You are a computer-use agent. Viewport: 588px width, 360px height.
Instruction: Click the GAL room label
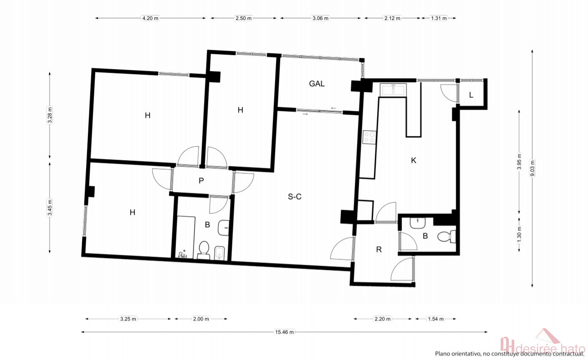click(317, 84)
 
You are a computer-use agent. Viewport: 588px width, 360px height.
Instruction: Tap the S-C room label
click(295, 197)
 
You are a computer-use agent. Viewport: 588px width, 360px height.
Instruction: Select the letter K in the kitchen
click(414, 160)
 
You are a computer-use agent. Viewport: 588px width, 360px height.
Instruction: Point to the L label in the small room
click(471, 95)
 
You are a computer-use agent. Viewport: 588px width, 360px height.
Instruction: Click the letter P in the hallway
click(201, 181)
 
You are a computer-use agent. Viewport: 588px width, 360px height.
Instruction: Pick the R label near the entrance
click(379, 249)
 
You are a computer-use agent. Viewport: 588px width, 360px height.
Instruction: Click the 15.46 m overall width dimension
click(284, 332)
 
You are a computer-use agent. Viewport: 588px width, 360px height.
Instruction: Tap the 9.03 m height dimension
click(532, 168)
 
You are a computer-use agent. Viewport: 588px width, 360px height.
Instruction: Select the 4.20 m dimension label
click(150, 18)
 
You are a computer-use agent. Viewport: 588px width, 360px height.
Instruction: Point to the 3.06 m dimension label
click(320, 18)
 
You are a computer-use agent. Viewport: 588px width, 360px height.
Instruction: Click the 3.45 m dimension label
click(50, 208)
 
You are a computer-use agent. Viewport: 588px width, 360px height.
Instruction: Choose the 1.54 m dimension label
click(436, 319)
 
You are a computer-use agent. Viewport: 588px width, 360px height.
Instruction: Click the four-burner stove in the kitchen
click(369, 137)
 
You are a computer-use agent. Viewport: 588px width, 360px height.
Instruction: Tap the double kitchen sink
click(393, 90)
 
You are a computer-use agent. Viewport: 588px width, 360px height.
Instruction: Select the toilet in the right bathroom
click(446, 236)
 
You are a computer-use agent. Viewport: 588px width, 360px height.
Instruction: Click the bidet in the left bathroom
click(220, 253)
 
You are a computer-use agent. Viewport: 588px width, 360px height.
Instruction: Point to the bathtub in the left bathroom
click(185, 237)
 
